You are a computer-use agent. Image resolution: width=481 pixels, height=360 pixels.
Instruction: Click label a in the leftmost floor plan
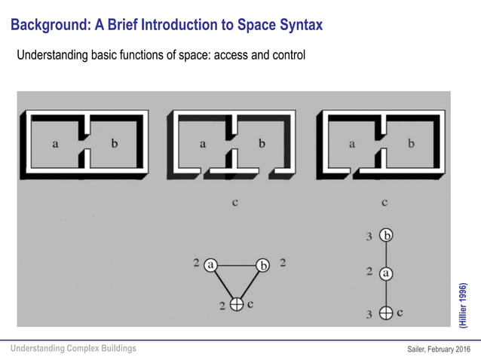coord(56,145)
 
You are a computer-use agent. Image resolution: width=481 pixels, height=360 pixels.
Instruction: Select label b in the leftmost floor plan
coord(114,145)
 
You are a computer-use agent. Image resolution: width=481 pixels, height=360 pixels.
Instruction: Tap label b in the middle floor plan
coord(262,145)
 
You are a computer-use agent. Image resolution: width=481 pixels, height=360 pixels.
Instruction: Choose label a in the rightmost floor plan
coord(352,145)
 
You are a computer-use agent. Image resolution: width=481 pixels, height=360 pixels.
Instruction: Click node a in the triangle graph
coord(210,264)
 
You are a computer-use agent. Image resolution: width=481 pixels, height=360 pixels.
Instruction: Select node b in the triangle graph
coord(262,264)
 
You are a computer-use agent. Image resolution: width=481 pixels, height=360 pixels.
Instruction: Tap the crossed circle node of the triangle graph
coord(236,304)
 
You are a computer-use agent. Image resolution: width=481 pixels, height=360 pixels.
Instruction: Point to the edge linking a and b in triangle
coord(236,264)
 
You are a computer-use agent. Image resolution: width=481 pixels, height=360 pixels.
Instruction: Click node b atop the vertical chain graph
coord(386,236)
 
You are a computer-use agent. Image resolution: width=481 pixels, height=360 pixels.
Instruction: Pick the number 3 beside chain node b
coord(369,236)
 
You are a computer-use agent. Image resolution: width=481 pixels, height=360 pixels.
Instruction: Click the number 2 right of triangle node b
coord(283,264)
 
